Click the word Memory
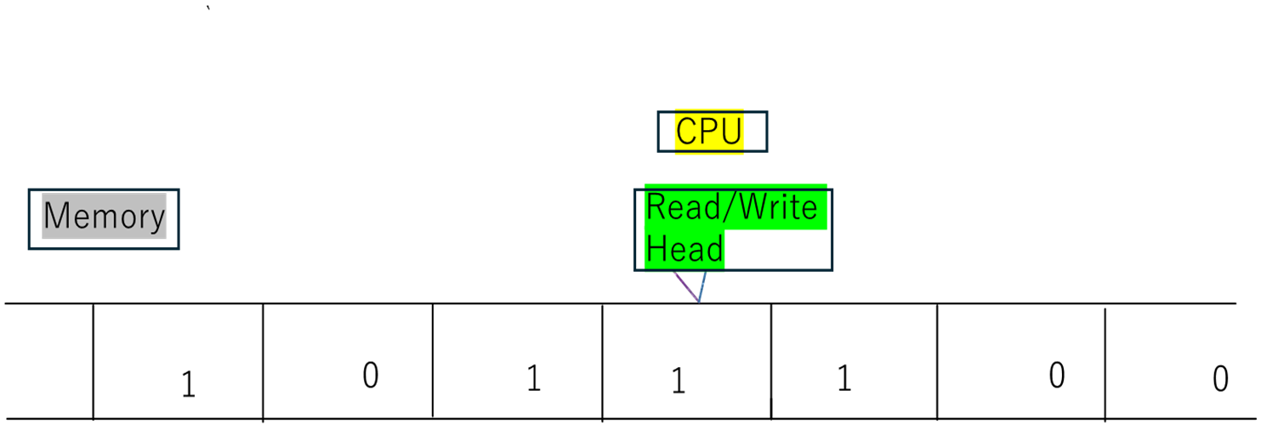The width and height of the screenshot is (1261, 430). point(104,217)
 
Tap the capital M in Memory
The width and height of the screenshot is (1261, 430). point(56,216)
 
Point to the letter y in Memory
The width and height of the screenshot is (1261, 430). point(157,219)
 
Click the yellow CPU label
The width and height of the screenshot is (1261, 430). point(709,132)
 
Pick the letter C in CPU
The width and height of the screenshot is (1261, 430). point(686,132)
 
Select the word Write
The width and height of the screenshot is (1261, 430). point(777,207)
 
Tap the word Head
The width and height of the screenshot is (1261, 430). point(684,250)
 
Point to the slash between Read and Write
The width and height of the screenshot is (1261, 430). point(727,207)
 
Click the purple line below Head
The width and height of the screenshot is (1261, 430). point(685,286)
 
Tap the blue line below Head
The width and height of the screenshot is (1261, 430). point(703,286)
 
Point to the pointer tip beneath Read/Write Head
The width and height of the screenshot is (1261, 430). point(699,302)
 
